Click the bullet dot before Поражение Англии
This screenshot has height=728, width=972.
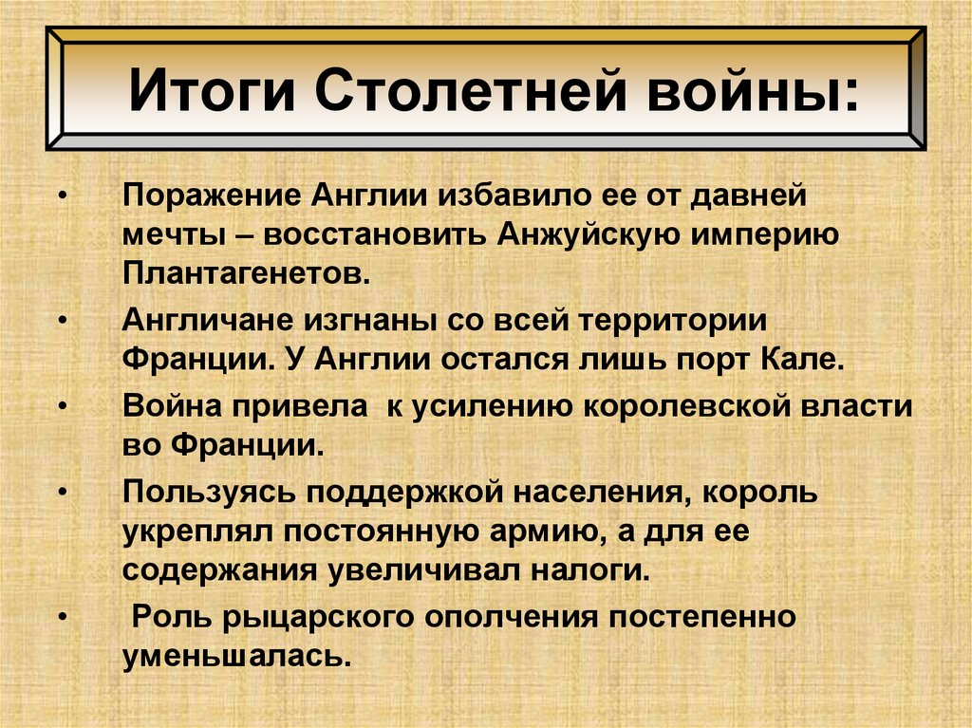pyautogui.click(x=63, y=196)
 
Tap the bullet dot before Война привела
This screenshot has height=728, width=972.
pyautogui.click(x=63, y=405)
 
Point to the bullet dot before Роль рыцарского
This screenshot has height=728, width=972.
pyautogui.click(x=63, y=618)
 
